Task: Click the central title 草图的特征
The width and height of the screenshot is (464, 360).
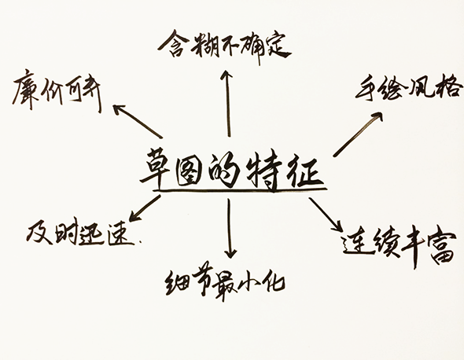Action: coord(233,167)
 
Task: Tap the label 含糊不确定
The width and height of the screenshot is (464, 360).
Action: coord(223,44)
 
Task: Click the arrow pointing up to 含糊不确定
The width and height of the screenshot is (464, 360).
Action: coord(227,102)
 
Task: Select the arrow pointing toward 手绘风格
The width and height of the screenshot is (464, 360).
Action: coord(358,134)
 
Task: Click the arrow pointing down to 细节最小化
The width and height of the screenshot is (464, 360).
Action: coord(230,229)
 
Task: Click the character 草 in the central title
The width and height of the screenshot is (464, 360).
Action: coord(157,166)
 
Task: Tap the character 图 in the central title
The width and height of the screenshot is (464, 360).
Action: coord(197,166)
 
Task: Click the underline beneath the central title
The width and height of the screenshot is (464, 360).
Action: coord(236,189)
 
